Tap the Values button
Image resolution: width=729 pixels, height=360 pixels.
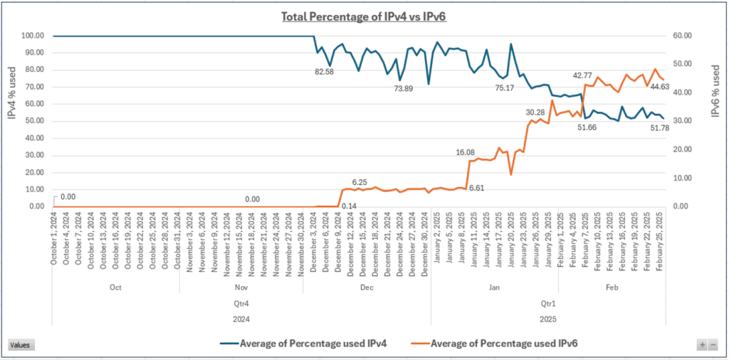coord(20,344)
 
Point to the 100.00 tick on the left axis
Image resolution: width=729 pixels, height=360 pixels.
coord(33,36)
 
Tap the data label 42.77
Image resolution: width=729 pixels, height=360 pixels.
coord(587,75)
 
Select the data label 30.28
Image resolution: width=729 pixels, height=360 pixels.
coord(535,112)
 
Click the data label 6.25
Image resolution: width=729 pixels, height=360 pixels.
coord(360,182)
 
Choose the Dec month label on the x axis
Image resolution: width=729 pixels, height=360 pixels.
coord(367,287)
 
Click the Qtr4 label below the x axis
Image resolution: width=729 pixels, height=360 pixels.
coord(242,302)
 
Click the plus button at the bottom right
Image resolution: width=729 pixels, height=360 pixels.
coord(703,344)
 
